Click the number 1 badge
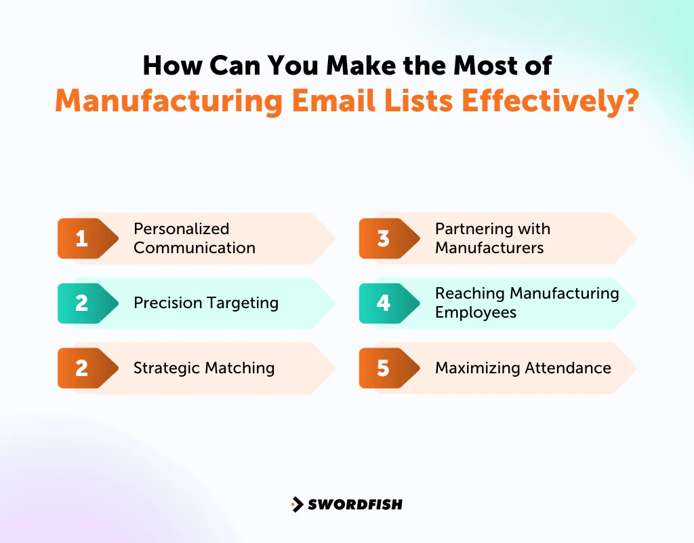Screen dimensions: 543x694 (82, 238)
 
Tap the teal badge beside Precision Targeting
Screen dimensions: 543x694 (82, 303)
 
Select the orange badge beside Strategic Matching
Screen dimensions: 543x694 (82, 368)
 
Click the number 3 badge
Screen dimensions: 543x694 (384, 238)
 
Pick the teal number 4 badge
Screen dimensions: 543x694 (384, 303)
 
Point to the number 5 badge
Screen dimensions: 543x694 (384, 368)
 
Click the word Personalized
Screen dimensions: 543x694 (182, 229)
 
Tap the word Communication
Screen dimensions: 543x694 (195, 248)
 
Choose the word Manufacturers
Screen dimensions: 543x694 (489, 248)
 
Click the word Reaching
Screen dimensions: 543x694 (470, 293)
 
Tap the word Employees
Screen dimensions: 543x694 (476, 312)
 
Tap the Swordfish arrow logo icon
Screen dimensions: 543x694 (297, 504)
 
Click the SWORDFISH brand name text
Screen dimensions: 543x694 (355, 504)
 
